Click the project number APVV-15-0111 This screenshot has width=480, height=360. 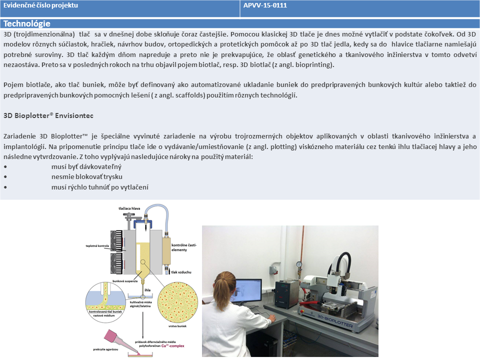265,5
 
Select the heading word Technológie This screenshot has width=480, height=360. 27,23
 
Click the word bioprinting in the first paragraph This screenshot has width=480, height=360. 313,65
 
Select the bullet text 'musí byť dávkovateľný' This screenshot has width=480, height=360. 86,167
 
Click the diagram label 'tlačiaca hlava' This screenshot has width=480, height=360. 129,208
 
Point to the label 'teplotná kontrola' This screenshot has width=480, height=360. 97,246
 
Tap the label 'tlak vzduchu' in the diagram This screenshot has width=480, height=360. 181,272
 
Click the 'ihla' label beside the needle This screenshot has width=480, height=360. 147,290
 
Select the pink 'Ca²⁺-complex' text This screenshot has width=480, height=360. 173,346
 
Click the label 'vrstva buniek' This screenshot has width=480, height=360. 177,326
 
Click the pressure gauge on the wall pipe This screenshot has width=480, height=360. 298,264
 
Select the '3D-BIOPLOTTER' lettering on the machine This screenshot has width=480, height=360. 335,320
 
